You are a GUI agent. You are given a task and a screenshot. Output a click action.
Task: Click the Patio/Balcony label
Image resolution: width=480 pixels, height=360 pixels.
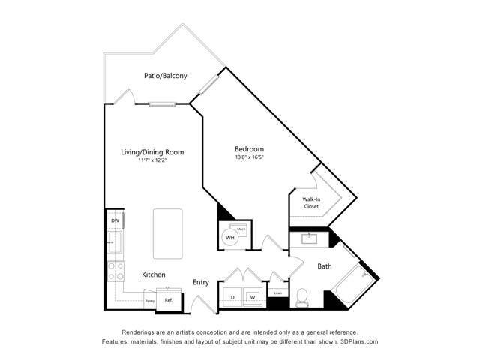tap(166, 76)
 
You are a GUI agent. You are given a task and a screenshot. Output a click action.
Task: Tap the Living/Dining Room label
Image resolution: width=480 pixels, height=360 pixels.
tap(152, 152)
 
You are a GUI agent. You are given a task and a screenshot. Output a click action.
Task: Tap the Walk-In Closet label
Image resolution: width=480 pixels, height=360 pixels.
tap(312, 203)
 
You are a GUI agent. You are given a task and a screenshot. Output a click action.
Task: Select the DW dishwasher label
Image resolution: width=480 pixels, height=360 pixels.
tap(115, 221)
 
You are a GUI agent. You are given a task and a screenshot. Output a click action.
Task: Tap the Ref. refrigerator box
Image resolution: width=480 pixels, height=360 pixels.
tap(169, 300)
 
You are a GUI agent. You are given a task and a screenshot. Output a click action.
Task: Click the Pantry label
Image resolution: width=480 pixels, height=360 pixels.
tap(150, 301)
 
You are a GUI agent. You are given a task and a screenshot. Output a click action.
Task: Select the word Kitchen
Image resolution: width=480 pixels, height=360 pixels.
tap(154, 274)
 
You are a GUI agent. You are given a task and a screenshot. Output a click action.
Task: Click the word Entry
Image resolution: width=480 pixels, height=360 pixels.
tap(201, 282)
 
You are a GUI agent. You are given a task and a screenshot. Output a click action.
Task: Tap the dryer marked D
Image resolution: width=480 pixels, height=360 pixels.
tap(232, 297)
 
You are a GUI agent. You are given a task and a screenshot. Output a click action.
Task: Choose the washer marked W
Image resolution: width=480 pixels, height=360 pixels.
tap(253, 297)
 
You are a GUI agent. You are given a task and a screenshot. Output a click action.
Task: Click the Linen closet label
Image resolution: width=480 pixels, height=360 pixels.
tap(277, 293)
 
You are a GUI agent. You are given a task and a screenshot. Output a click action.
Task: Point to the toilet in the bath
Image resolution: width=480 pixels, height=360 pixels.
tap(303, 297)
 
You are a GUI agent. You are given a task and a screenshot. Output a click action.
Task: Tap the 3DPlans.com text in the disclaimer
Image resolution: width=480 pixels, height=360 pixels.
tap(357, 341)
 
